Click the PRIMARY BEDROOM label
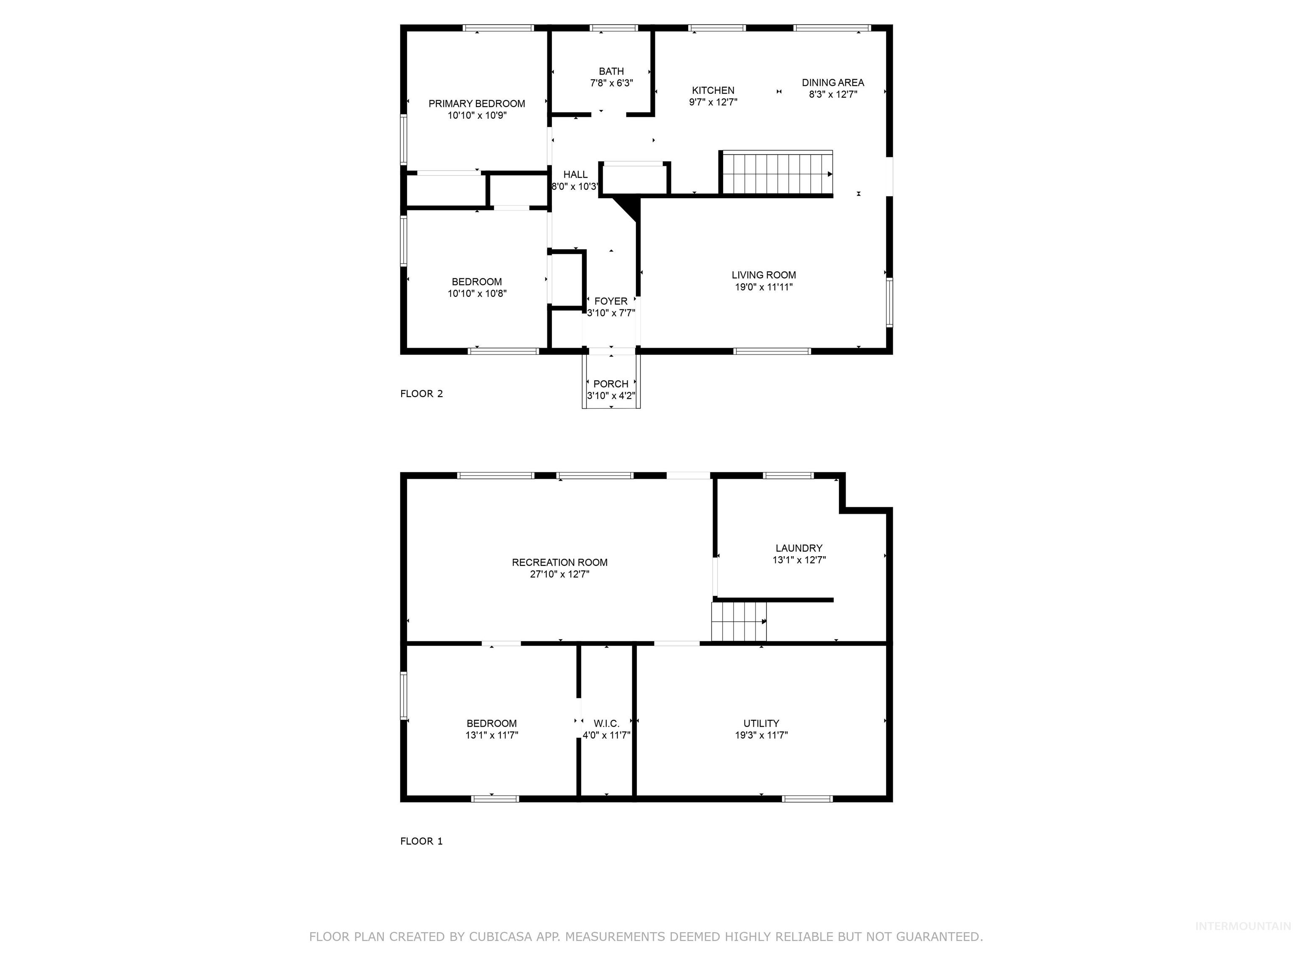(x=476, y=104)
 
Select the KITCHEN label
(x=713, y=90)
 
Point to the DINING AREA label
(x=833, y=83)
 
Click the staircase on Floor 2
(x=776, y=173)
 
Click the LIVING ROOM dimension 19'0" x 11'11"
(x=764, y=287)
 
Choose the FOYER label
(x=611, y=301)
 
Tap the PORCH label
(x=611, y=384)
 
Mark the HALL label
(x=575, y=174)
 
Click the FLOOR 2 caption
(x=421, y=394)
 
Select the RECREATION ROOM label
(x=559, y=562)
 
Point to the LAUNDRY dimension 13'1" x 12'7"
(x=798, y=560)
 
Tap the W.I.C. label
(x=606, y=723)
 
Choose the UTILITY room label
(x=761, y=723)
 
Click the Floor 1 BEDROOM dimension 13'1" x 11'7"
(x=492, y=735)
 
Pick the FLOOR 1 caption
(x=421, y=841)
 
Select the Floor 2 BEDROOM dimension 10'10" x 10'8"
(x=476, y=293)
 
